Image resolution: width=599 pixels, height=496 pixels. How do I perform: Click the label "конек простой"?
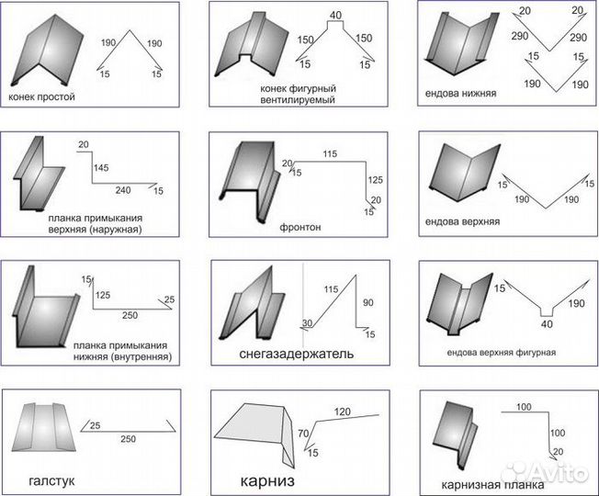click(41, 96)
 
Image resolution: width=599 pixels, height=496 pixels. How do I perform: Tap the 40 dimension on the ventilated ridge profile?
click(335, 16)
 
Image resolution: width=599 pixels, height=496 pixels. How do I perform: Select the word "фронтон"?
click(300, 227)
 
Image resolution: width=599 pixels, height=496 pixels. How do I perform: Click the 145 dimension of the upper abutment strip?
click(101, 167)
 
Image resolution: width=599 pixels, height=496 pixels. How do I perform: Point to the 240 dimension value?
click(123, 190)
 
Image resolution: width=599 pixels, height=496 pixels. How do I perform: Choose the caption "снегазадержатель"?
click(297, 354)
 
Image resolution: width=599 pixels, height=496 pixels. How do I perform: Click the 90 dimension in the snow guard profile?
click(367, 303)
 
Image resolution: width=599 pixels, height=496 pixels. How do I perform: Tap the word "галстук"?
click(51, 480)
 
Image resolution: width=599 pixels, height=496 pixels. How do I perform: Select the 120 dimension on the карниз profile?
click(343, 411)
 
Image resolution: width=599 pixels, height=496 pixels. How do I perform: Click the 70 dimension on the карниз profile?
click(303, 434)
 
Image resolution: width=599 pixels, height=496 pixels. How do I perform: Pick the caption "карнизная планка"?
click(492, 485)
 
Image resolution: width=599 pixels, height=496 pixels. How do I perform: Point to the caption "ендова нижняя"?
click(460, 93)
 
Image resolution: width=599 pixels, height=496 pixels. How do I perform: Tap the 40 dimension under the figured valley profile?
click(547, 324)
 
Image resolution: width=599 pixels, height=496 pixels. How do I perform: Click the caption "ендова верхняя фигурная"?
click(502, 352)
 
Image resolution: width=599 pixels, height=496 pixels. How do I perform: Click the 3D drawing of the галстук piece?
click(44, 427)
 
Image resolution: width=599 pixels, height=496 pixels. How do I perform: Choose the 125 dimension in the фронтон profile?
click(375, 180)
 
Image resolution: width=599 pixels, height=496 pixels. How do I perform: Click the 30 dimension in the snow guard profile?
click(308, 323)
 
